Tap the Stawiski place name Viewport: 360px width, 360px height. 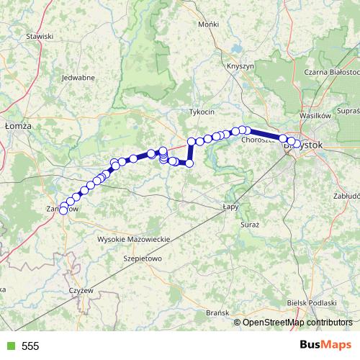pyautogui.click(x=40, y=36)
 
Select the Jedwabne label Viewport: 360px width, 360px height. pyautogui.click(x=78, y=78)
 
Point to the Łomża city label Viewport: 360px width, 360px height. pyautogui.click(x=18, y=125)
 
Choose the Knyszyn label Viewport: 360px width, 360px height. pyautogui.click(x=240, y=66)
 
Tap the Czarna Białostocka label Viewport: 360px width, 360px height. pyautogui.click(x=332, y=72)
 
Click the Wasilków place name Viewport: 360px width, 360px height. pyautogui.click(x=314, y=115)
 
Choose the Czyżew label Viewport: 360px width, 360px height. pyautogui.click(x=80, y=289)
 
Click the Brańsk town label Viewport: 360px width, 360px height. pyautogui.click(x=217, y=312)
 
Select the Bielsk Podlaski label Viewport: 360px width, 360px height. pyautogui.click(x=312, y=303)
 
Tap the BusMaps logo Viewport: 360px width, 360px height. pyautogui.click(x=326, y=345)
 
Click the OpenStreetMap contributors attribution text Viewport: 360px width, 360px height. pyautogui.click(x=297, y=322)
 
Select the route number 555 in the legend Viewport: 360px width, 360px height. pyautogui.click(x=30, y=346)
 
